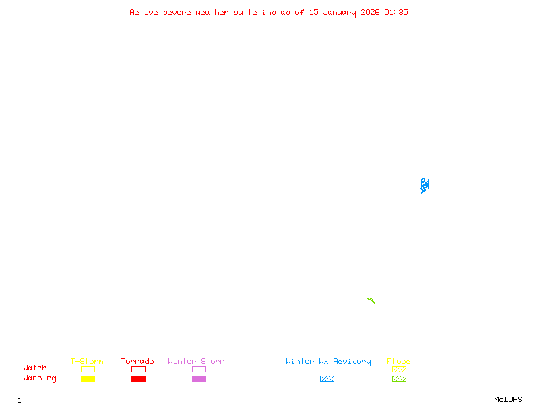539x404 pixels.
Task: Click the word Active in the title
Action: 144,12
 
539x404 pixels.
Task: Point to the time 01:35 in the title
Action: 396,12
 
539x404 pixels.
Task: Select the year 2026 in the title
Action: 370,12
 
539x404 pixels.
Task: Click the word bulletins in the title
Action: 255,12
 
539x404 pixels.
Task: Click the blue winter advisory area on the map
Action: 424,184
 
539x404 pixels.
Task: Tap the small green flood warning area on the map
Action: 371,300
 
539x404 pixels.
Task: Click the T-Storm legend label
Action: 87,362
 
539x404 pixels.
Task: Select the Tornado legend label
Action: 137,362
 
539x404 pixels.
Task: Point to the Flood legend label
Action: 399,362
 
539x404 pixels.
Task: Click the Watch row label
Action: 35,368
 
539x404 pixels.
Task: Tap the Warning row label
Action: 40,378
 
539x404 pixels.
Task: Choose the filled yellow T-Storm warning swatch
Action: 88,379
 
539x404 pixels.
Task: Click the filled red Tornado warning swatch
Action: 138,379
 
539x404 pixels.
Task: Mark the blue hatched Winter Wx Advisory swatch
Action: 327,379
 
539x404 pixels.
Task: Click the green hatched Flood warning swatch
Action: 399,379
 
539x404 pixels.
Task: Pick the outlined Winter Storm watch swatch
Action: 199,369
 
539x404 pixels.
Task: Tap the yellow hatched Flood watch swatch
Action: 399,369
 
